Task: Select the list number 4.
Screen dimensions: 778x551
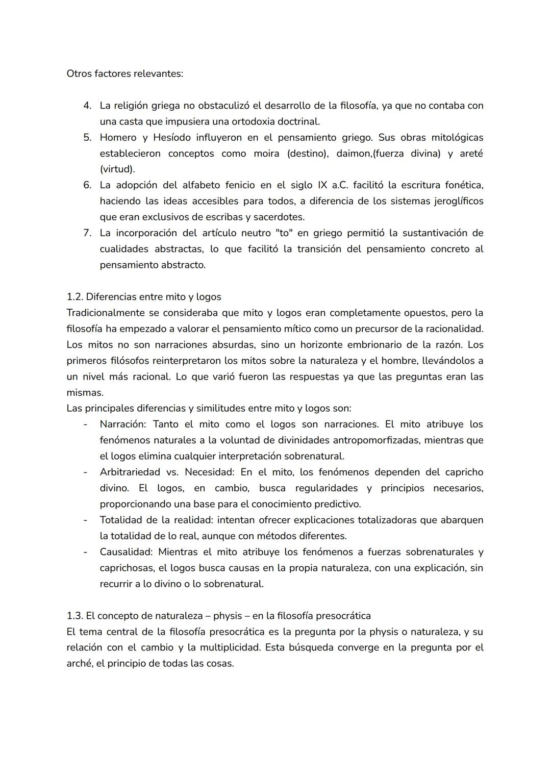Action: [87, 106]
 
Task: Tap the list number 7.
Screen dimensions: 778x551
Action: [87, 233]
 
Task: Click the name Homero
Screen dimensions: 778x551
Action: [118, 138]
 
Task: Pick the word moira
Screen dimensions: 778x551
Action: [266, 154]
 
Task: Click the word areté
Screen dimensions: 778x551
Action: [471, 154]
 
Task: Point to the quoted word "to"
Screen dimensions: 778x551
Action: [283, 233]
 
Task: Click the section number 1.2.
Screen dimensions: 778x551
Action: [74, 297]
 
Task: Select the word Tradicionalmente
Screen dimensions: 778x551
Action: [104, 313]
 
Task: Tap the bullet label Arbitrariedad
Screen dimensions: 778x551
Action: [130, 472]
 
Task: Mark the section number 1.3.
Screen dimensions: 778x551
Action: [74, 616]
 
